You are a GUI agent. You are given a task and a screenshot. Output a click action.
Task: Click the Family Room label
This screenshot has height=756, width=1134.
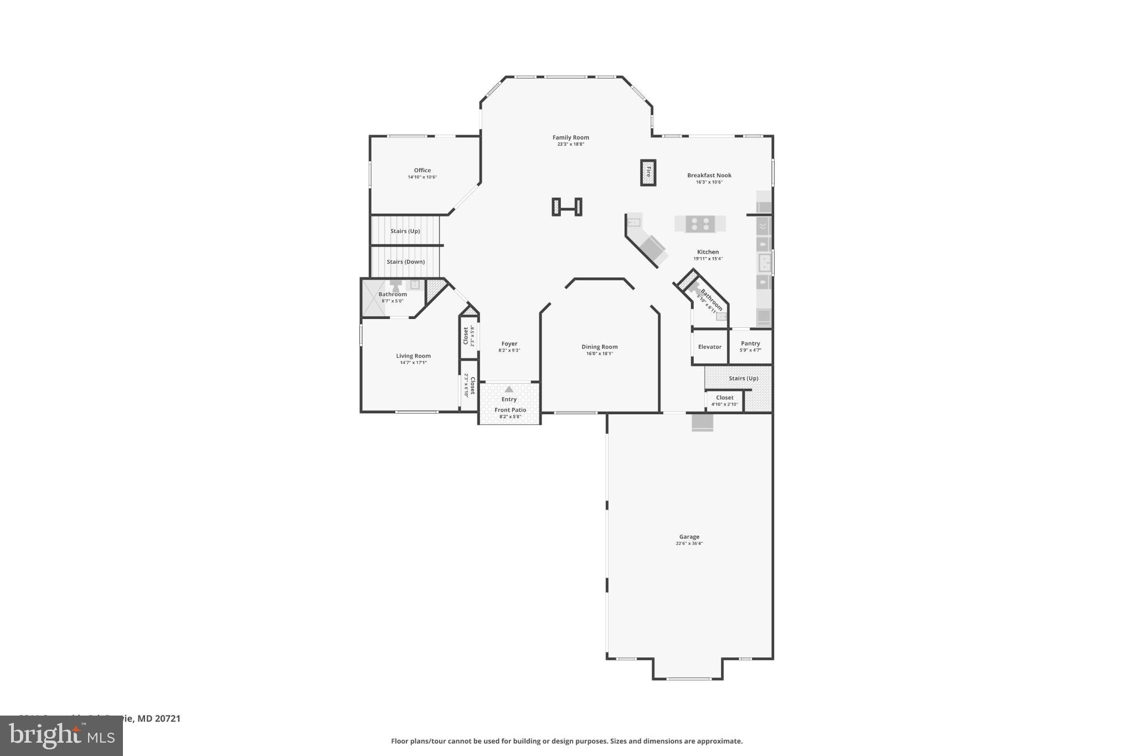click(570, 137)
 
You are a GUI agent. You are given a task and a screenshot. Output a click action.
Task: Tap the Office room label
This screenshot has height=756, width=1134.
click(422, 171)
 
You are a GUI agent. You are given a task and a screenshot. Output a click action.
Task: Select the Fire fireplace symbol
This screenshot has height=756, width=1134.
click(648, 172)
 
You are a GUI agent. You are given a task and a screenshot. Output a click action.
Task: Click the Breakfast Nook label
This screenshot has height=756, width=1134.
click(709, 175)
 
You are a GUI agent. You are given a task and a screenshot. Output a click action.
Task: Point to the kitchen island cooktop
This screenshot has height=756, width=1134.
click(700, 224)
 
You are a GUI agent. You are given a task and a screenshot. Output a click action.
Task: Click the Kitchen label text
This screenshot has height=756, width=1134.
click(708, 252)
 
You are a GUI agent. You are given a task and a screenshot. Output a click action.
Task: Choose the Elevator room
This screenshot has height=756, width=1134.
click(709, 347)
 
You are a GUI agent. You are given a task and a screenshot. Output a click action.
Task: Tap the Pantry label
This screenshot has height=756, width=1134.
click(750, 343)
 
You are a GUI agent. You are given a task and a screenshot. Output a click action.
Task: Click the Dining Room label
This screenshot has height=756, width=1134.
click(599, 347)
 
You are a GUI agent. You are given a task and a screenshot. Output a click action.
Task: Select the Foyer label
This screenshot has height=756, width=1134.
click(509, 344)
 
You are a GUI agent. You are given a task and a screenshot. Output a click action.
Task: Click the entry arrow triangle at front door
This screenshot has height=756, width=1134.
click(509, 389)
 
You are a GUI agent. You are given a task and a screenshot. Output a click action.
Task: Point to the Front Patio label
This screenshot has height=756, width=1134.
click(510, 410)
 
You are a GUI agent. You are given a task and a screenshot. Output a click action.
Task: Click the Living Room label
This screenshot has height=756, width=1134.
click(413, 356)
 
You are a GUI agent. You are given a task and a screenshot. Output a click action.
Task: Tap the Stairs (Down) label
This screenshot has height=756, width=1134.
click(405, 262)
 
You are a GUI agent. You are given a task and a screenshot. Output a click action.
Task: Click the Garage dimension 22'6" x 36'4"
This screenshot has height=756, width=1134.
click(689, 543)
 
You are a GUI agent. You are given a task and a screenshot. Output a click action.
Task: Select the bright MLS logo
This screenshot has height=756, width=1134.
click(61, 736)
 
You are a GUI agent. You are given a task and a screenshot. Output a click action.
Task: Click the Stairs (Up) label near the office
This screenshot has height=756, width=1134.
click(405, 231)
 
